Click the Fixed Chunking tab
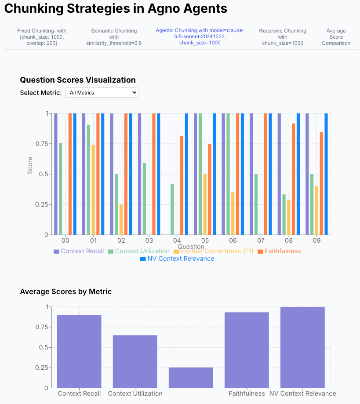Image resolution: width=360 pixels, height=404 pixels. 42,37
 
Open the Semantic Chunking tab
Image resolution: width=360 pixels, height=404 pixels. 114,37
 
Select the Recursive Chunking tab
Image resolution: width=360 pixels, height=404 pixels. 283,37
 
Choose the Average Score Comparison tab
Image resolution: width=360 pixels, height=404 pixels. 336,37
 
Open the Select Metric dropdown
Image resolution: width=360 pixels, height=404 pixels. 102,93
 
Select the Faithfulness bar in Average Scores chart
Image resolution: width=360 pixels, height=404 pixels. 247,350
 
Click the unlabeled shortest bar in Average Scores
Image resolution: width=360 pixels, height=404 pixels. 191,378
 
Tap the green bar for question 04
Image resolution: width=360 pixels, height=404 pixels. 172,209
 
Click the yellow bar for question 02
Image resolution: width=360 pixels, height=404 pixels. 121,219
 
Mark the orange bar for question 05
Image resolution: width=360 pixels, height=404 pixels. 210,189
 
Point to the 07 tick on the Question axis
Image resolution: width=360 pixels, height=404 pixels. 261,240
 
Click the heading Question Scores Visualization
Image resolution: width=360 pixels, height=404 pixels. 78,80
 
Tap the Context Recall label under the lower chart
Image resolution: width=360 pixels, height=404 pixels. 79,393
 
